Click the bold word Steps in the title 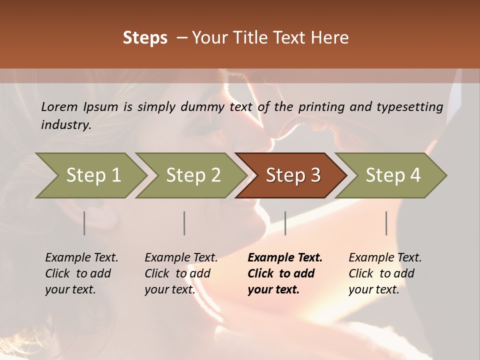(145, 38)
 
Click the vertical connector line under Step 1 (84, 223)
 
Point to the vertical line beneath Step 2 (184, 223)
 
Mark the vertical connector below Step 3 (285, 223)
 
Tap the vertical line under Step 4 (386, 223)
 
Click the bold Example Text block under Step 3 (285, 273)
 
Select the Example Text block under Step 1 (81, 273)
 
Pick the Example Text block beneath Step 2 (181, 273)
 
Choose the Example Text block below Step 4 (385, 273)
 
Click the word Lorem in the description (59, 106)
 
